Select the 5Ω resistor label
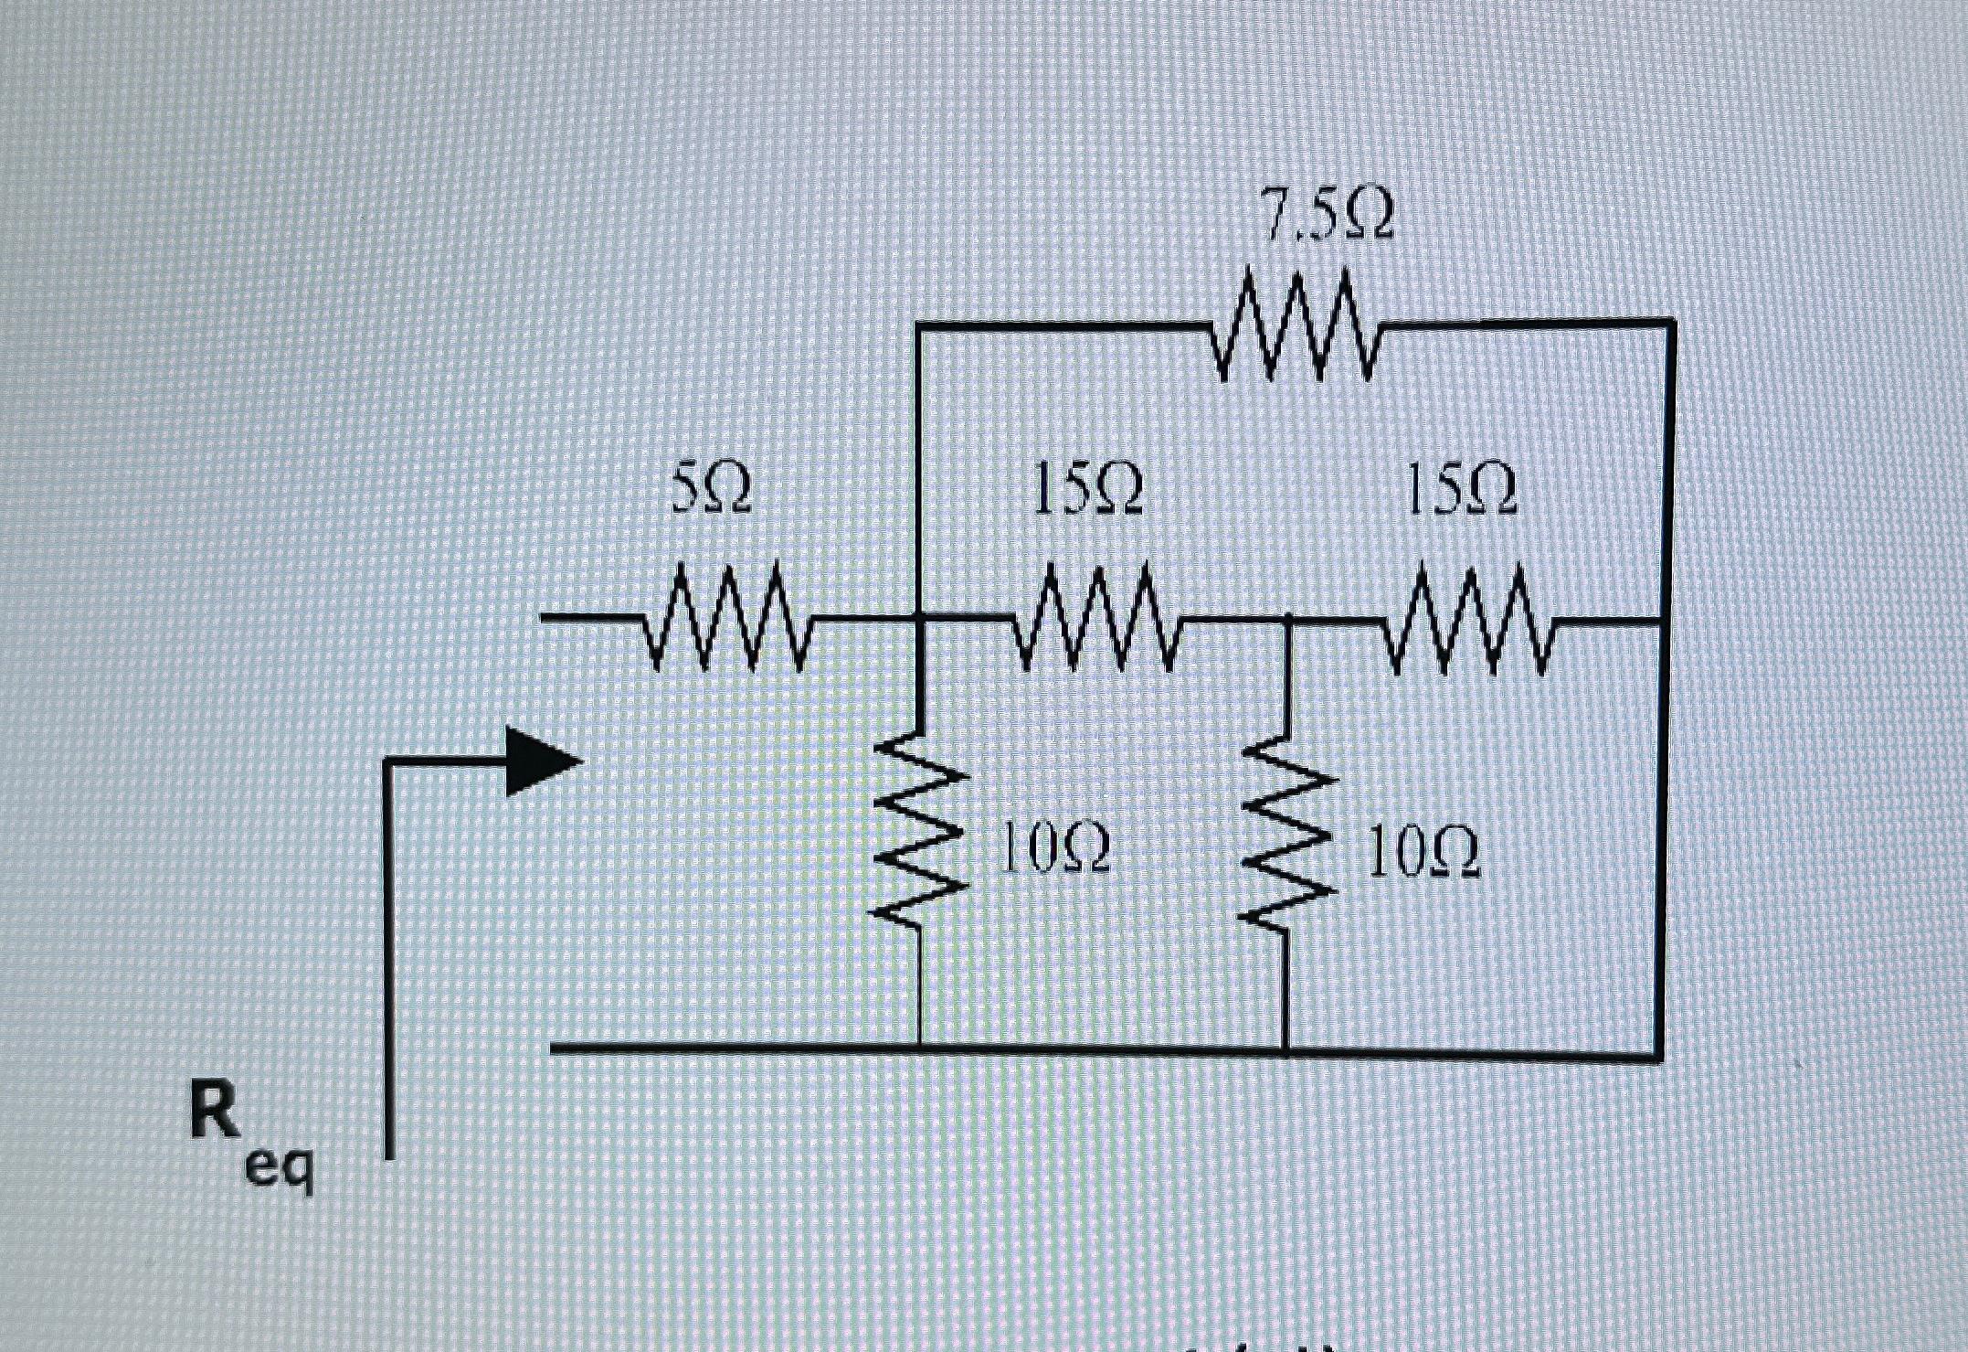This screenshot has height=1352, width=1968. [x=712, y=488]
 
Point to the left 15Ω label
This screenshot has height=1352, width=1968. [x=1087, y=488]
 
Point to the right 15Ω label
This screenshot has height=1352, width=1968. [x=1459, y=488]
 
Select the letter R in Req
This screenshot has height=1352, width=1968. [x=216, y=1110]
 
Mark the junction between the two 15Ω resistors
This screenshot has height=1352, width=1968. [x=1286, y=621]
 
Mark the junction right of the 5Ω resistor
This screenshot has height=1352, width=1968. [x=918, y=620]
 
